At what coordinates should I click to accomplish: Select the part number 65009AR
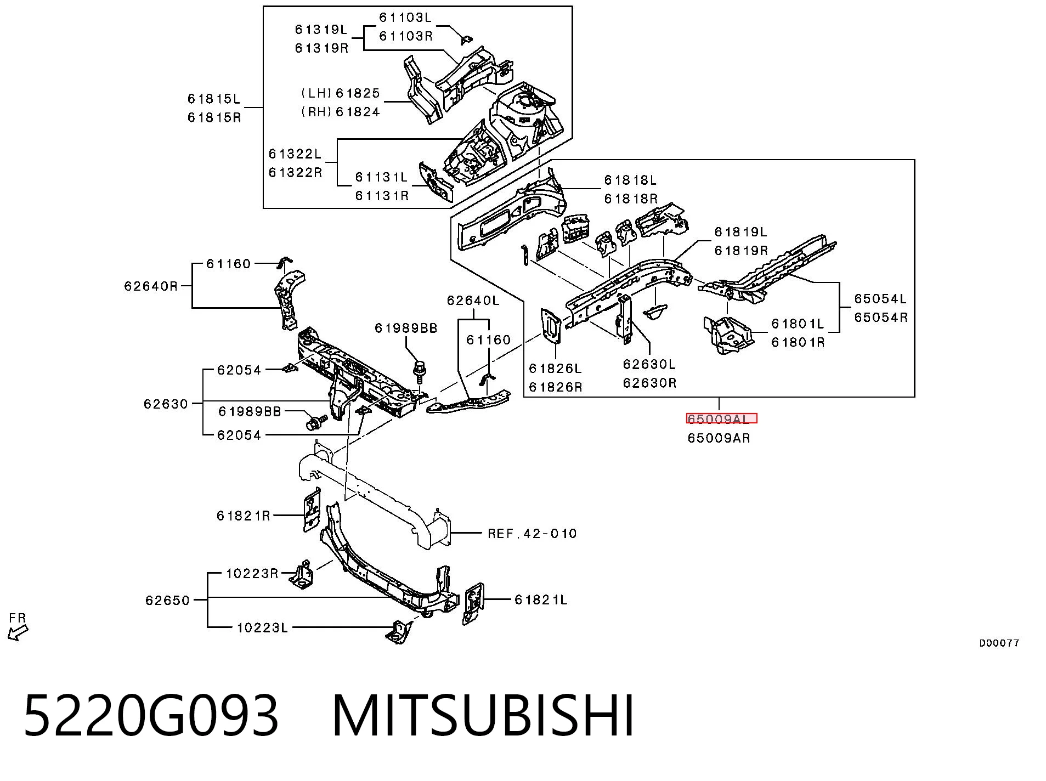[719, 438]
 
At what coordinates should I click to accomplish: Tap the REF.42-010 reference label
[532, 534]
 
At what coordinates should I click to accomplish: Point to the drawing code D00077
[999, 643]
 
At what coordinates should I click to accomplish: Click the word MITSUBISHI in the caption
[483, 716]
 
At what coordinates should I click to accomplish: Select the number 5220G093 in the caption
[151, 716]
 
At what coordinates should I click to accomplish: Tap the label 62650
[167, 601]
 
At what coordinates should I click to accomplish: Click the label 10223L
[262, 627]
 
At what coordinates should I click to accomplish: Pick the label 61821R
[244, 516]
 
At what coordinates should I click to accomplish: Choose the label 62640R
[151, 286]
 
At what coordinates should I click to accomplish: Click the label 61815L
[214, 99]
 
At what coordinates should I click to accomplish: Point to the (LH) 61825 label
[341, 94]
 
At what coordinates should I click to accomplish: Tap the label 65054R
[881, 318]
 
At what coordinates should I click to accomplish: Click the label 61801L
[798, 324]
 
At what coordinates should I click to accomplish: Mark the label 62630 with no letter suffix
[166, 404]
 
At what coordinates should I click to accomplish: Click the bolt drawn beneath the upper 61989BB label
[420, 371]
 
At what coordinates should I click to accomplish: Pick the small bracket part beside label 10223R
[301, 575]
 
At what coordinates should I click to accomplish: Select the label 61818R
[631, 199]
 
